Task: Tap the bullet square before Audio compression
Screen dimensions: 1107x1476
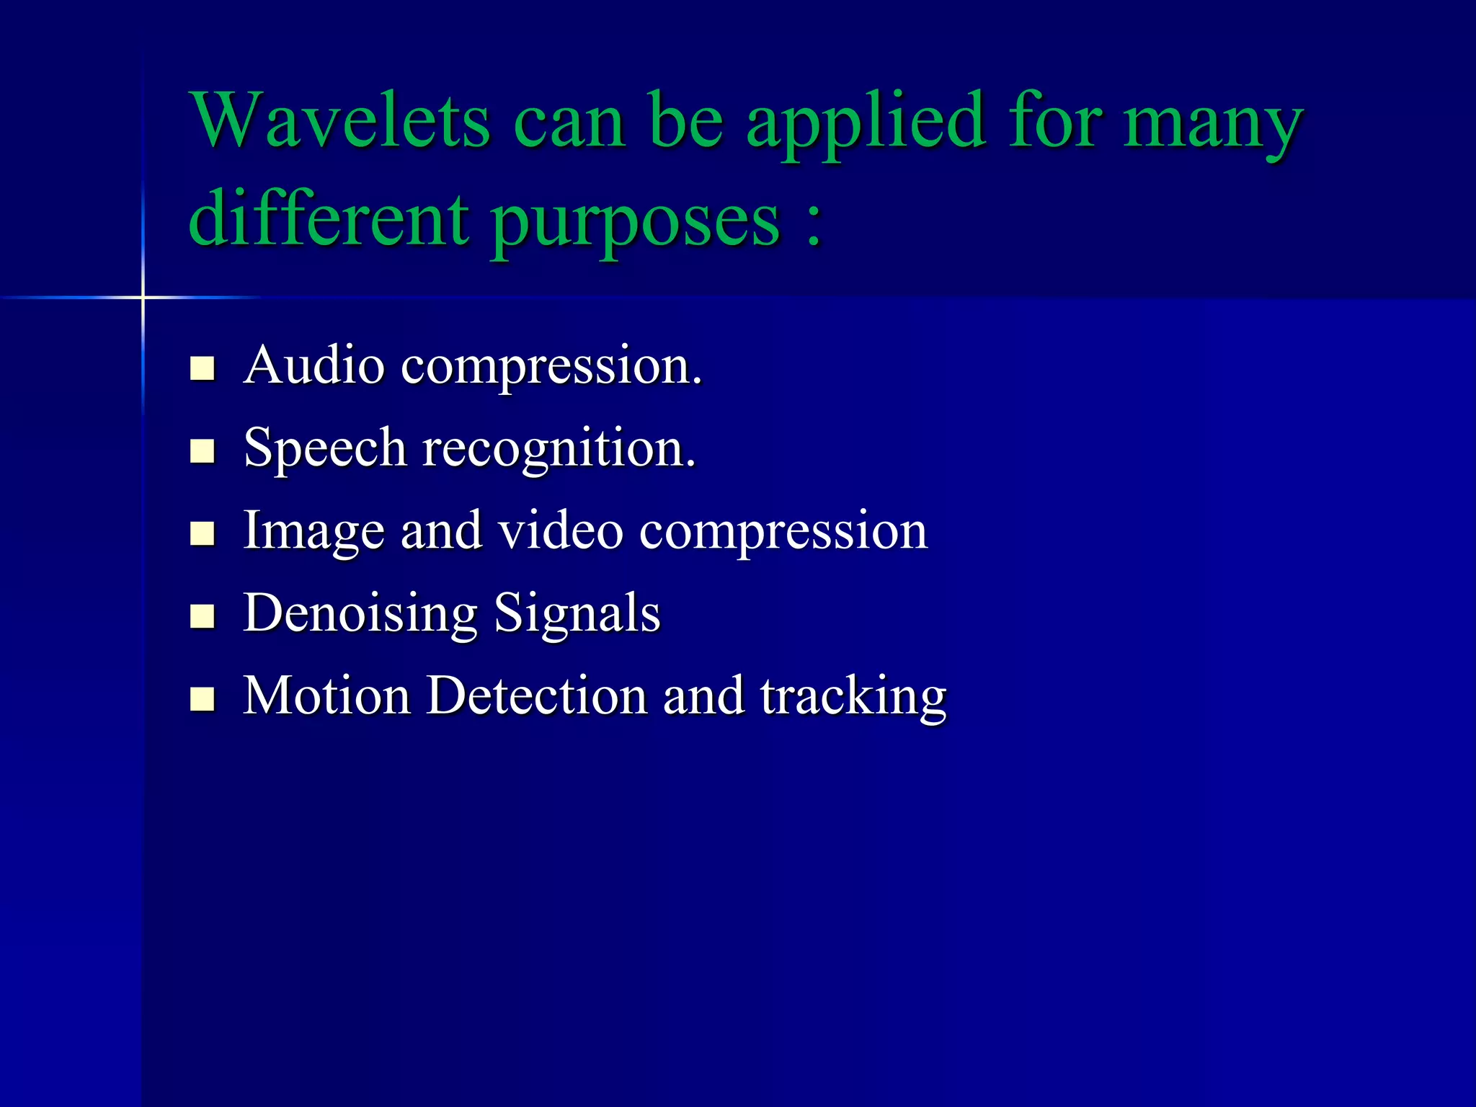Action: (x=203, y=368)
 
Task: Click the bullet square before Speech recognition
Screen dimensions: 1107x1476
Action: (x=203, y=451)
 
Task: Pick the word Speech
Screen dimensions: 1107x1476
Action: (x=325, y=449)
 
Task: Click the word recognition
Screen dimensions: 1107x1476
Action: (x=559, y=449)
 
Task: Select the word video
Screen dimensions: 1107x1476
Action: (x=561, y=530)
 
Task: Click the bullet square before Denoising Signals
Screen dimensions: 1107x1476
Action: (x=203, y=616)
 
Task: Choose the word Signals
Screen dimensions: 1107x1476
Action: (x=577, y=613)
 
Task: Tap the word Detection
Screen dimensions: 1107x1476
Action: (x=537, y=695)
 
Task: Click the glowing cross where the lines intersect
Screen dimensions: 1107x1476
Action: (x=143, y=297)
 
